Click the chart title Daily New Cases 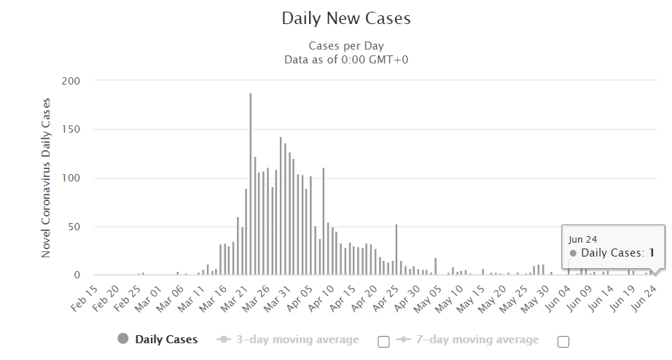[x=346, y=19]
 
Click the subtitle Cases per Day [x=346, y=46]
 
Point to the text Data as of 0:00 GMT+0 [x=346, y=59]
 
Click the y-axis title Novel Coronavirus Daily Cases [x=46, y=178]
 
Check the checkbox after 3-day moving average [x=383, y=341]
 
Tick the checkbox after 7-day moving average [x=563, y=341]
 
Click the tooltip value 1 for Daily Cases [x=652, y=253]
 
